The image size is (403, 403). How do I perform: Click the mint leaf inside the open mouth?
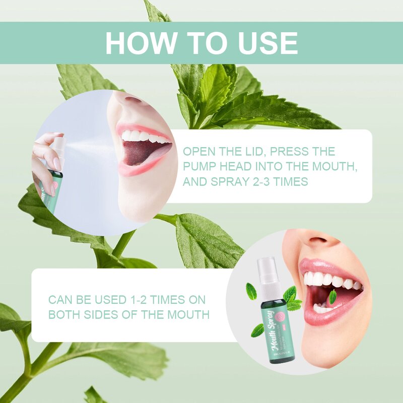332,297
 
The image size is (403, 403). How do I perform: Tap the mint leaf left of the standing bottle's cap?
251,291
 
